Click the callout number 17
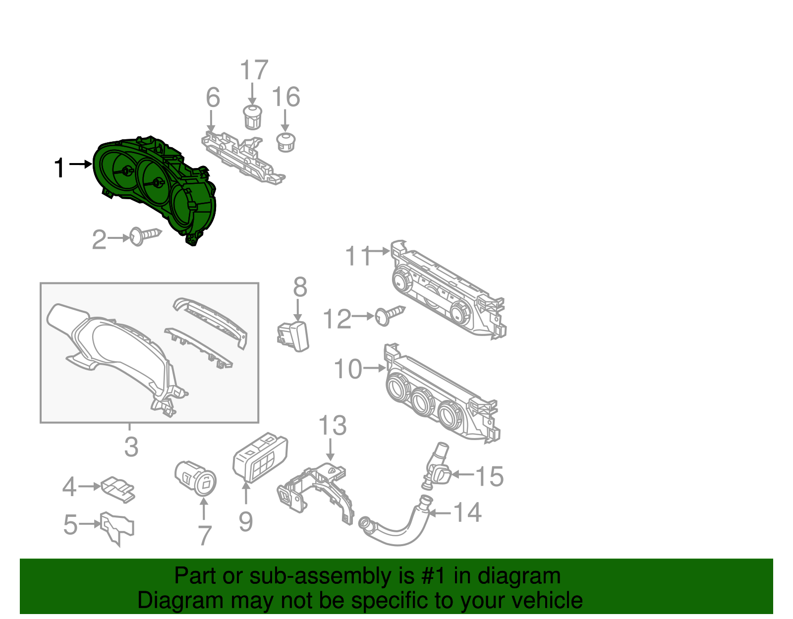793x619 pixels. pyautogui.click(x=254, y=70)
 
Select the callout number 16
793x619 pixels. pyautogui.click(x=286, y=97)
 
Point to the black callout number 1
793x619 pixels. pyautogui.click(x=59, y=168)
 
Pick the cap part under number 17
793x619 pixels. pyautogui.click(x=253, y=117)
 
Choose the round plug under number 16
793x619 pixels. pyautogui.click(x=285, y=142)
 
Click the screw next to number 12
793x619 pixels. pyautogui.click(x=390, y=315)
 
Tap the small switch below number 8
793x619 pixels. pyautogui.click(x=293, y=336)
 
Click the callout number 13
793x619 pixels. pyautogui.click(x=332, y=425)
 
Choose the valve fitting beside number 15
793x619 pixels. pyautogui.click(x=436, y=468)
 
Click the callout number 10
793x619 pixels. pyautogui.click(x=348, y=369)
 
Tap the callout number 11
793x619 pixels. pyautogui.click(x=357, y=256)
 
